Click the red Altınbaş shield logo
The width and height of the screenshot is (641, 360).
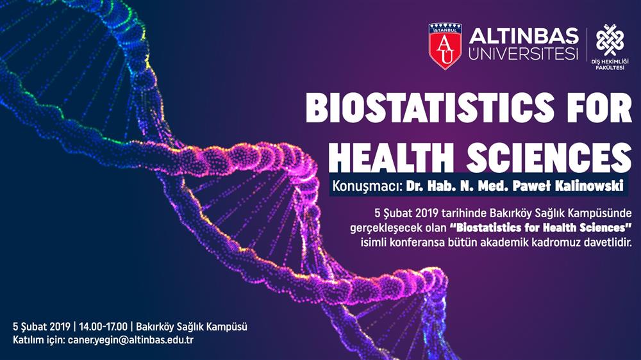coord(445,46)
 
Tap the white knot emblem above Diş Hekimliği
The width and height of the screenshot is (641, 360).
coord(610,40)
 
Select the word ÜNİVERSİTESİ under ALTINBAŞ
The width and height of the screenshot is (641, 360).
coord(524,53)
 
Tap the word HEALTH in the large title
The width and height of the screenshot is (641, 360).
coord(391,157)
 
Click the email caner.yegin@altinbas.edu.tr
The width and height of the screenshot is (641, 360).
coord(131,340)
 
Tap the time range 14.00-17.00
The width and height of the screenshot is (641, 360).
coord(103,327)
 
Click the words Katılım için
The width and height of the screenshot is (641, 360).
coord(39,340)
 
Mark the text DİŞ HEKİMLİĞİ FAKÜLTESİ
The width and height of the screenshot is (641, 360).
coord(610,65)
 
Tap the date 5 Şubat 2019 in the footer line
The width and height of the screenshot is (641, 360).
coord(42,327)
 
